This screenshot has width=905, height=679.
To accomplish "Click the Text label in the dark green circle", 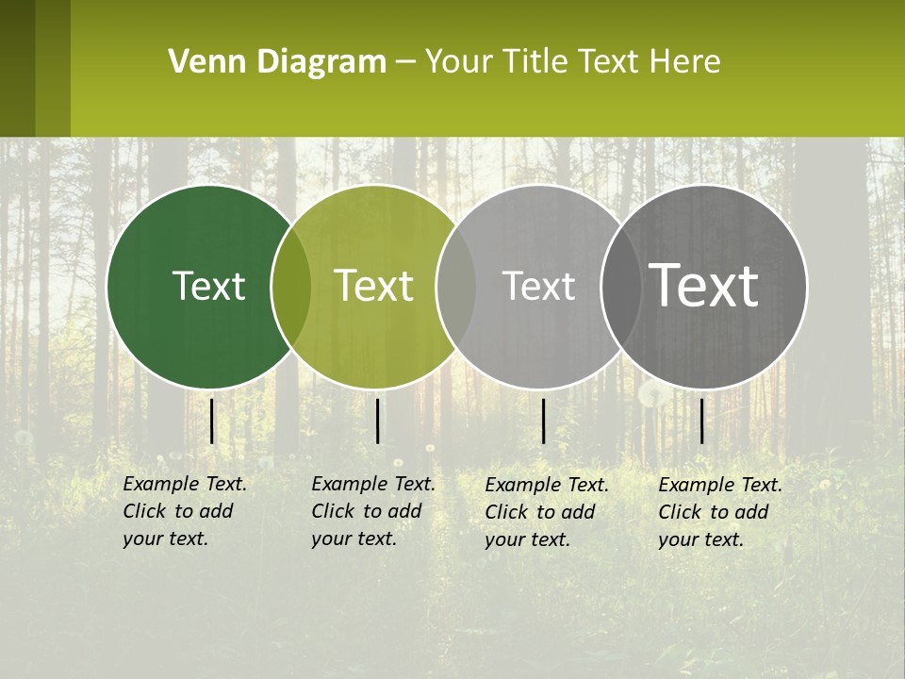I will pyautogui.click(x=208, y=286).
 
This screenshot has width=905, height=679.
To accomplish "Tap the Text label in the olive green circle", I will pyautogui.click(x=374, y=286).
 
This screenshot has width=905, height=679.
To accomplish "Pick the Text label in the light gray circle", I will pyautogui.click(x=538, y=286).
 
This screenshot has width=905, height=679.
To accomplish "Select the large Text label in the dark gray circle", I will pyautogui.click(x=703, y=286).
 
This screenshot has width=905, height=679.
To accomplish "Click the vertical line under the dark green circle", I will pyautogui.click(x=212, y=421).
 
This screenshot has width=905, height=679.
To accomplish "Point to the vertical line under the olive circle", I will pyautogui.click(x=377, y=421).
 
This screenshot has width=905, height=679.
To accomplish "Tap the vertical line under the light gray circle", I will pyautogui.click(x=544, y=421).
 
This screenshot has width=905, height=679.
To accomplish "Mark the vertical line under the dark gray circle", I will pyautogui.click(x=701, y=421).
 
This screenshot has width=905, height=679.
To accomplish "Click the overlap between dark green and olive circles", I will pyautogui.click(x=291, y=287).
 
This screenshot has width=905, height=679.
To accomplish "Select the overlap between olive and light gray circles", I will pyautogui.click(x=456, y=287).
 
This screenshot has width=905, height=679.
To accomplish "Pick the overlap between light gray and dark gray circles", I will pyautogui.click(x=620, y=287).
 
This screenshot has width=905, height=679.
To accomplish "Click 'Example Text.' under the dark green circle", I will pyautogui.click(x=185, y=484).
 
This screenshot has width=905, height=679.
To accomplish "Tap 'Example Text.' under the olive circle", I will pyautogui.click(x=373, y=484).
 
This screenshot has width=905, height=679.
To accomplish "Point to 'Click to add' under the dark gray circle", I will pyautogui.click(x=713, y=512).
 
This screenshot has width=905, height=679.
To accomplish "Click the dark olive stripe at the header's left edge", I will pyautogui.click(x=18, y=68).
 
